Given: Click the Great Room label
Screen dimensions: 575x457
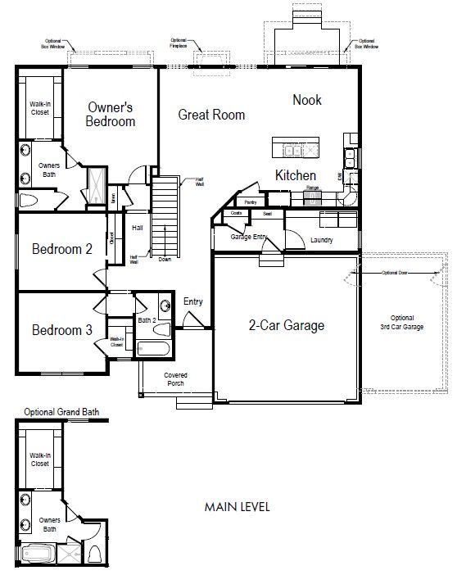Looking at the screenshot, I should coord(211,115).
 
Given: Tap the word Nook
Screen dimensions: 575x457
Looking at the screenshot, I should coord(307,100).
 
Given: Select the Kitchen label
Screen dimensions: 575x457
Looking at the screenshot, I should coord(295,175).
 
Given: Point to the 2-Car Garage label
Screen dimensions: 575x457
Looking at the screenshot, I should coord(287,325).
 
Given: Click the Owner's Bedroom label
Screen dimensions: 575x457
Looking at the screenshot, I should coord(111,115).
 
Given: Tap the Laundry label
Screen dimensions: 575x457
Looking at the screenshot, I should coord(322,241).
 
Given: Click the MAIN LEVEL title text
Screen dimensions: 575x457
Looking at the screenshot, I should coord(238,506).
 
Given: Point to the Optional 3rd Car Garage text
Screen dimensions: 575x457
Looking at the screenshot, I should coord(401,322).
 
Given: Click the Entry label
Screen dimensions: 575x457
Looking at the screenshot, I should coord(193,301).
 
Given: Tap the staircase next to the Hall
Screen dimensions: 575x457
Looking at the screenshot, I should coord(165,217).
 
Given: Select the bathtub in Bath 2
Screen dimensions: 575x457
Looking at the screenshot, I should coord(154,350).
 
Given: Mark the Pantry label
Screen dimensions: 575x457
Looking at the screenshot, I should coord(250,201).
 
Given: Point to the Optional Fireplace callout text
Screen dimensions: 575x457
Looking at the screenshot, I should coord(179,42).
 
